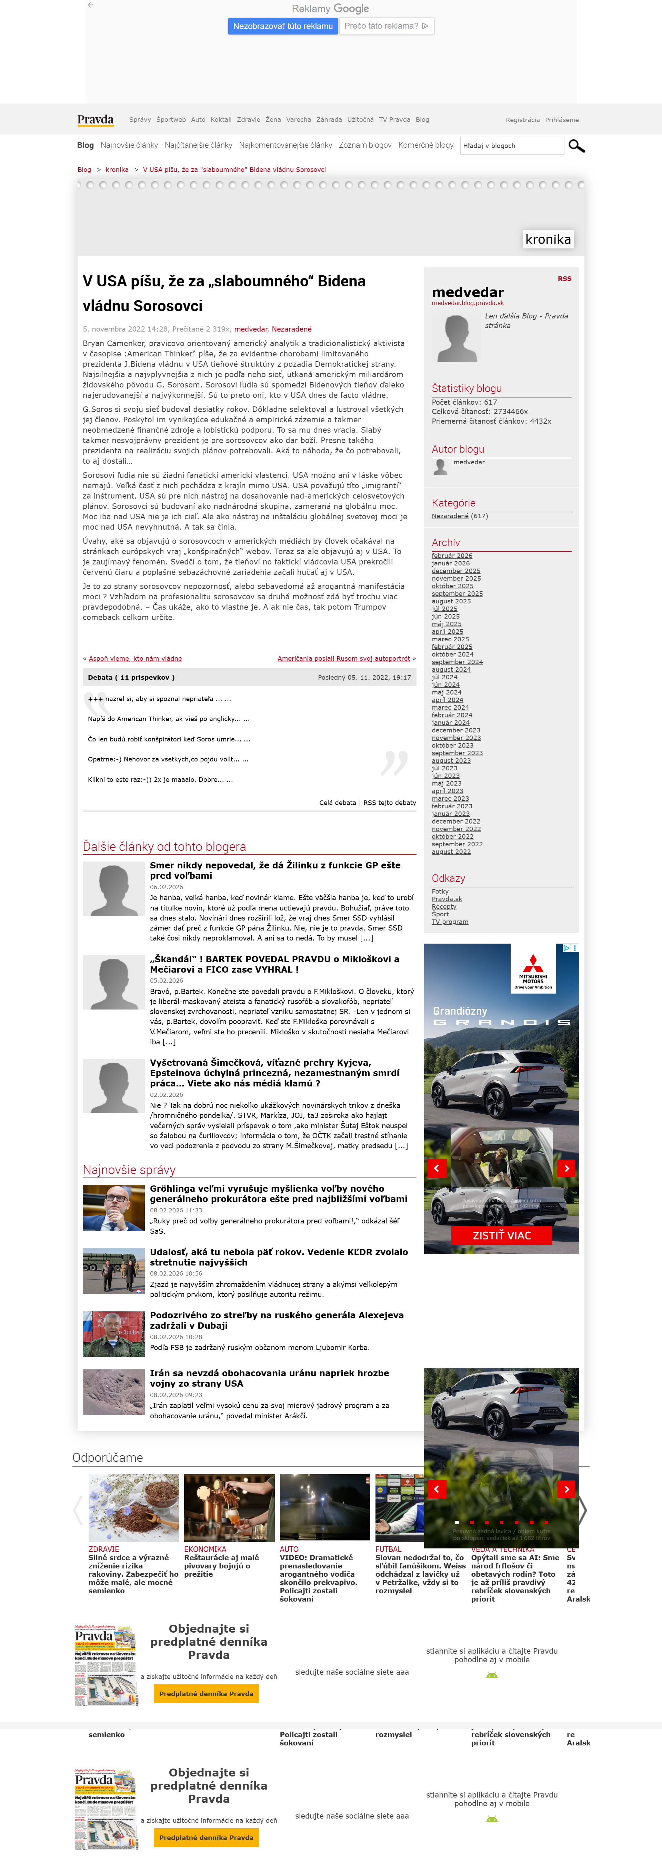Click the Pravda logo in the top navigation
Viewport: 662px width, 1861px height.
tap(95, 120)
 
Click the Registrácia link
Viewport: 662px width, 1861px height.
tap(522, 120)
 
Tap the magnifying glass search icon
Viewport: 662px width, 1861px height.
tap(576, 146)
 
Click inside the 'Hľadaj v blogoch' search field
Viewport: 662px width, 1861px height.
tap(511, 146)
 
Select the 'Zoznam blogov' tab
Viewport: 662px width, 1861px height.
tap(364, 145)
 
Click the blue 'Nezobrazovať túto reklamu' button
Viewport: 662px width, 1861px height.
tap(282, 26)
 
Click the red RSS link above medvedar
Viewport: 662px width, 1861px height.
tap(564, 278)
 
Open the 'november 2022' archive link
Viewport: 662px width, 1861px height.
tap(455, 829)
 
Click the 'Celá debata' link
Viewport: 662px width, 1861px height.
tap(337, 803)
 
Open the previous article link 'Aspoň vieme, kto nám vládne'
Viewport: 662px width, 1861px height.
tap(135, 658)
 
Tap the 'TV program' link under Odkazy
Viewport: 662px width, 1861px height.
tap(450, 922)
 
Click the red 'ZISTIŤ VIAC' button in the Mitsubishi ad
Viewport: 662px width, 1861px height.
tap(502, 1235)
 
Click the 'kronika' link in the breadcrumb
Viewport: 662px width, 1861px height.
tap(117, 170)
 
